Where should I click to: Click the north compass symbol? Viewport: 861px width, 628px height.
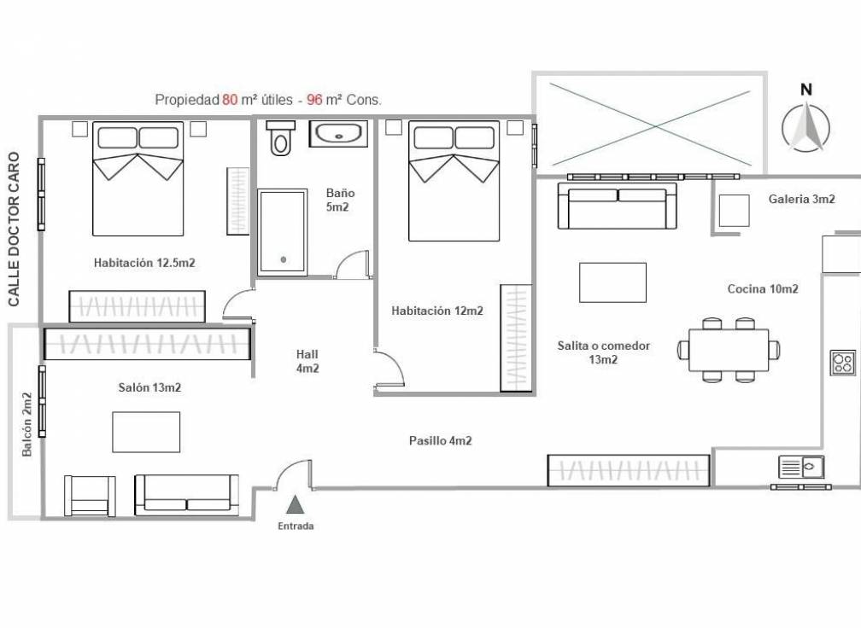coord(805,128)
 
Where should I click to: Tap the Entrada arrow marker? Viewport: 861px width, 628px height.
coord(295,506)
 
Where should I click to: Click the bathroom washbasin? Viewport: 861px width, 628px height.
coord(339,135)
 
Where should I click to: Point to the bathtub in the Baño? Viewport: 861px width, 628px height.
coord(282,232)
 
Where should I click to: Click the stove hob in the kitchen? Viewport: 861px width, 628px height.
coord(842,363)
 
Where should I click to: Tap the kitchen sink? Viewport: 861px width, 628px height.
coord(801,467)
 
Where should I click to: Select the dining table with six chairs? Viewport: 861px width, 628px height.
coord(729,349)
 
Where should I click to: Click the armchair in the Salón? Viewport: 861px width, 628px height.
coord(90,496)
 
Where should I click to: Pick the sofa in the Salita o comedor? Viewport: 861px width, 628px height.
coord(617,206)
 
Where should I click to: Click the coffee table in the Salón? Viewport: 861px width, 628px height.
coord(146,432)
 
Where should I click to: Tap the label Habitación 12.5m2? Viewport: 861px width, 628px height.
coord(144,263)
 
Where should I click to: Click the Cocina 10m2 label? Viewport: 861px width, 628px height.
coord(763,288)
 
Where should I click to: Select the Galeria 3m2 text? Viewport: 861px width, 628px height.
coord(801,199)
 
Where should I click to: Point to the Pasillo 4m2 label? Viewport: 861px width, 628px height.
coord(440,441)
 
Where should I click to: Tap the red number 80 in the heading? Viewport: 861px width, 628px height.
coord(230,100)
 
